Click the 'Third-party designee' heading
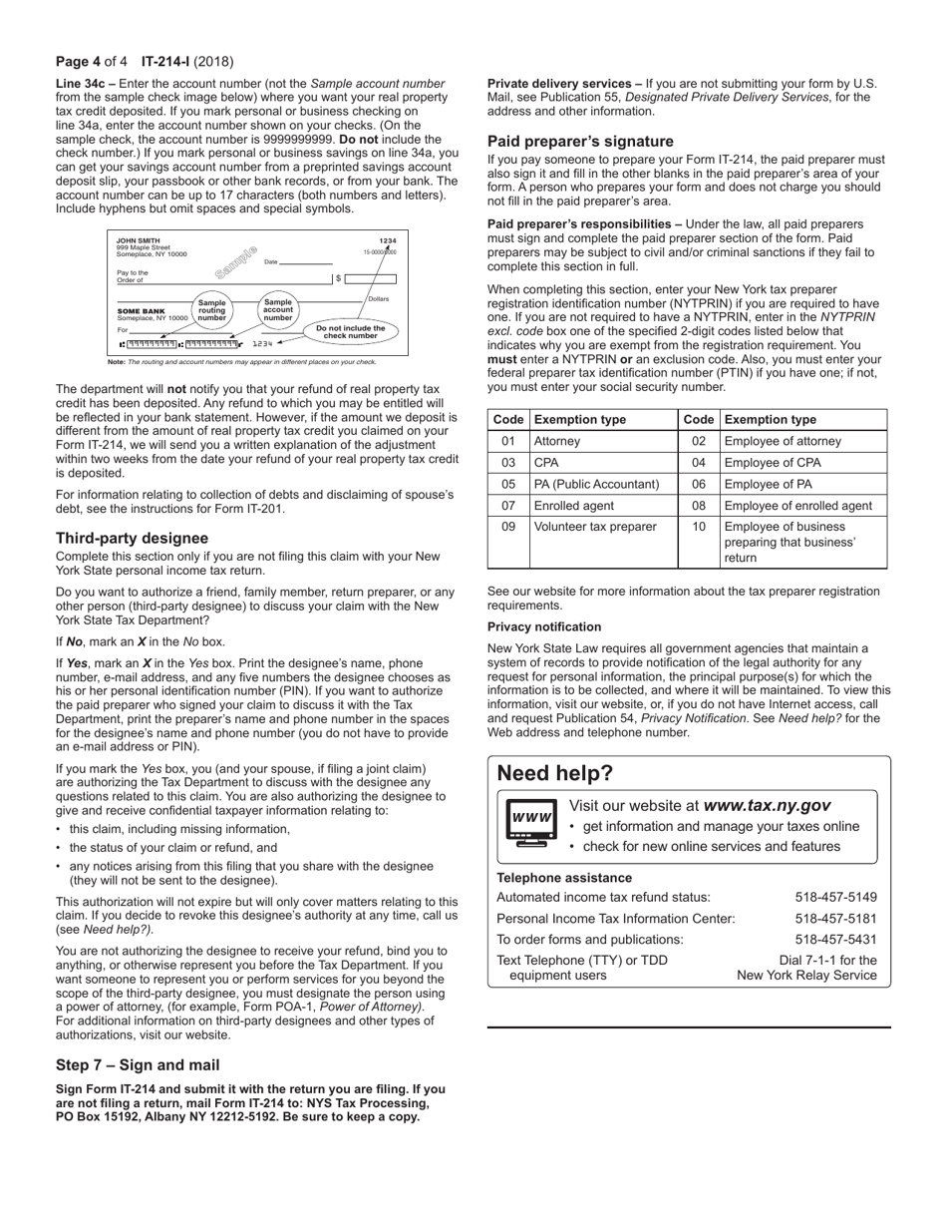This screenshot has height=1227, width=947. tap(132, 539)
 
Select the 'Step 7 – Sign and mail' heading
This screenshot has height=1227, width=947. tap(138, 1065)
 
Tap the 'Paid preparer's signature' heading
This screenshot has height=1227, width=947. tap(580, 142)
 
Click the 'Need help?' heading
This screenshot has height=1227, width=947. tap(555, 774)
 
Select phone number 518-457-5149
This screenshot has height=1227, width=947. tap(835, 897)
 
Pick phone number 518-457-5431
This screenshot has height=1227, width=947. tap(835, 940)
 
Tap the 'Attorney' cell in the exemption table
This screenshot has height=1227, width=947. tap(557, 441)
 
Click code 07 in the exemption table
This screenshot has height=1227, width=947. tap(508, 506)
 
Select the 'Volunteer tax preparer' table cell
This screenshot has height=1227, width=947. tap(595, 527)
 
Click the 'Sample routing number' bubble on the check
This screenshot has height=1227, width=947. tap(211, 310)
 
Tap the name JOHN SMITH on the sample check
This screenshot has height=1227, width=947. tap(138, 240)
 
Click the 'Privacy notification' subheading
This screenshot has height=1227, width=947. tap(544, 627)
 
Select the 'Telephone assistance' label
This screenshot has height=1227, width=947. tap(564, 878)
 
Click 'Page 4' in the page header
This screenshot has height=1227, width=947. tap(78, 62)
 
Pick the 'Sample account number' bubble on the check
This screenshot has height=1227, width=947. tap(277, 309)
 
